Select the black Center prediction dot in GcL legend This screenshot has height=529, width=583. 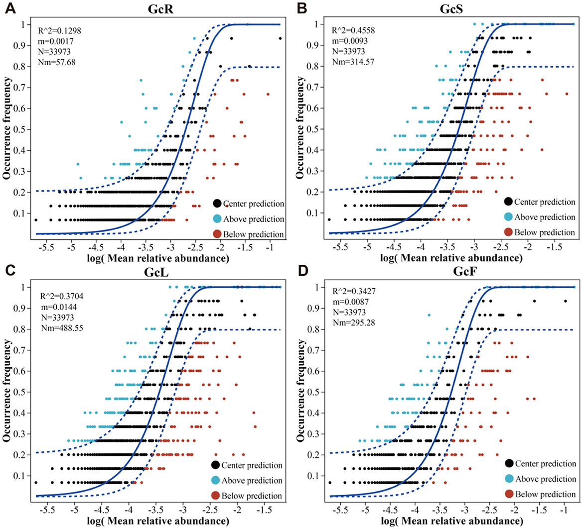(x=216, y=465)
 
